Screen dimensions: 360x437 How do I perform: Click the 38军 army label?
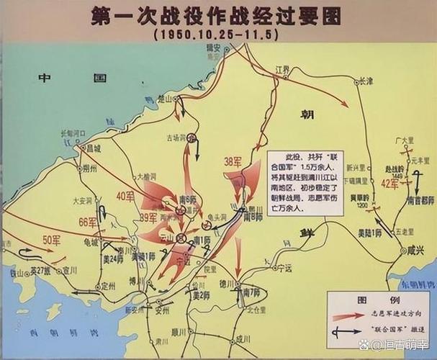click(x=232, y=163)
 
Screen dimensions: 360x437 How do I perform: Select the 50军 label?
click(x=51, y=238)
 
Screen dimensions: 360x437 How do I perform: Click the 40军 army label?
click(x=125, y=196)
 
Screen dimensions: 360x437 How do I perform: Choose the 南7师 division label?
click(x=252, y=292)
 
